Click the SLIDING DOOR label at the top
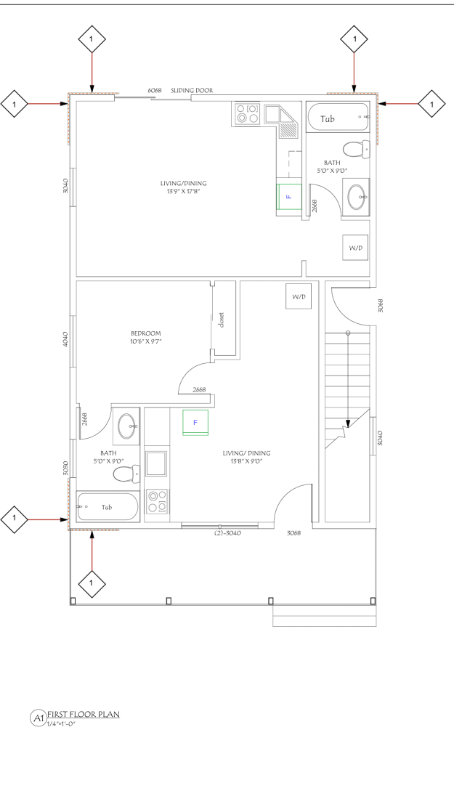coord(192,91)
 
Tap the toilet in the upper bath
coord(354,150)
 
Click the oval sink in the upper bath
coord(357,196)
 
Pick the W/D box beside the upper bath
coord(356,248)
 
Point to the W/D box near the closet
coord(299,297)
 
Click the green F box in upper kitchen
coord(288,196)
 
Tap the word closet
coord(222,320)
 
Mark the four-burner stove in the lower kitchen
coord(158,500)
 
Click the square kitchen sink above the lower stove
coord(158,463)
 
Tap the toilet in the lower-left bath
coord(123,474)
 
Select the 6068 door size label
coord(155,91)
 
